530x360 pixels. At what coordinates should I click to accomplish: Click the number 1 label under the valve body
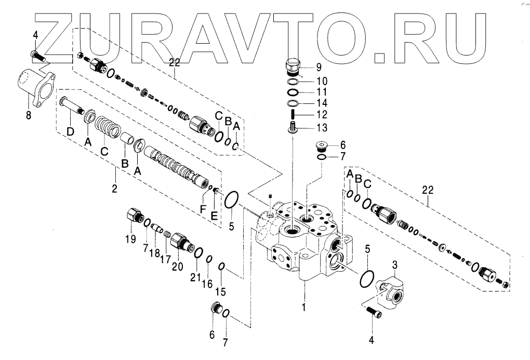pos(304,306)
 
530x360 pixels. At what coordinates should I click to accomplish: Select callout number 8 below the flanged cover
pos(29,115)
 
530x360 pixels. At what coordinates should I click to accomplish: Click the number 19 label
pos(130,239)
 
